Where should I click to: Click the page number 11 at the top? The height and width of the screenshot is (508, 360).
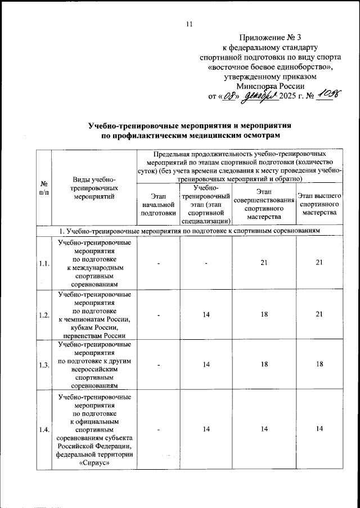coord(188,24)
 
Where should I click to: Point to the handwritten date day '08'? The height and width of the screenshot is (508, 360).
coord(230,96)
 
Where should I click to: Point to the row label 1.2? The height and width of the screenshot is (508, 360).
coord(44,314)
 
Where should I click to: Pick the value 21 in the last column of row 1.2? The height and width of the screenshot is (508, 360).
coord(319,314)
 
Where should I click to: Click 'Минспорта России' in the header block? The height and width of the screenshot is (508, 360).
coord(271,86)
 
